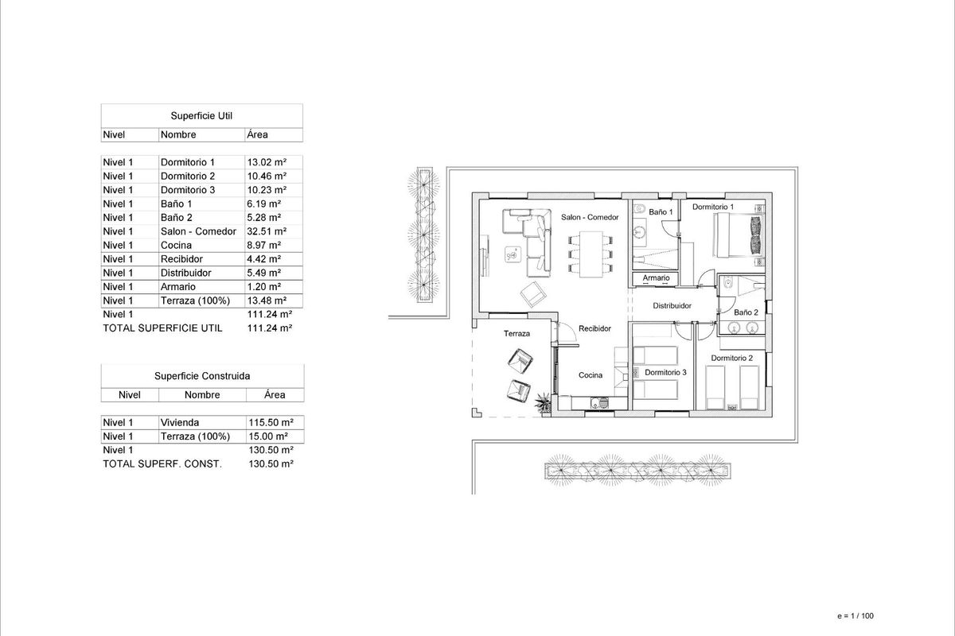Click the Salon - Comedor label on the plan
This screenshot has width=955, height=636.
(x=590, y=217)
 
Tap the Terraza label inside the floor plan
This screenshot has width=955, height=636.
(x=516, y=334)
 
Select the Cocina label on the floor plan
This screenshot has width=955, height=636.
(x=591, y=375)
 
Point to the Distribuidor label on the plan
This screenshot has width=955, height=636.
(x=672, y=306)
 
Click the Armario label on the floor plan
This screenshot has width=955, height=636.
(x=656, y=278)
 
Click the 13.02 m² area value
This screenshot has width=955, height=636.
(x=267, y=162)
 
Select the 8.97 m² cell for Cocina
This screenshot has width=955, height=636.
(x=264, y=246)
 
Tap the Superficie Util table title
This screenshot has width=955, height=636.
(x=201, y=116)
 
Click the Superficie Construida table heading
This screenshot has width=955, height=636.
(x=201, y=376)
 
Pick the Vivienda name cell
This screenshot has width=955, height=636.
(x=179, y=423)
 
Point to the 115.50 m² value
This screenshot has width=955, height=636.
(x=271, y=423)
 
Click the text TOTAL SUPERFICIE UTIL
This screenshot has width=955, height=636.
(x=162, y=328)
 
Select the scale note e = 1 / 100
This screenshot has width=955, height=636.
(x=856, y=615)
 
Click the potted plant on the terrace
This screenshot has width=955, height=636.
(x=543, y=402)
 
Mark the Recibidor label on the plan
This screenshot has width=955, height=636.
(x=594, y=328)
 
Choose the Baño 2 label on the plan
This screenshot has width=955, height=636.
(x=746, y=313)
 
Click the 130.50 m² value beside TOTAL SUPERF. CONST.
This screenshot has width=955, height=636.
(x=271, y=463)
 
